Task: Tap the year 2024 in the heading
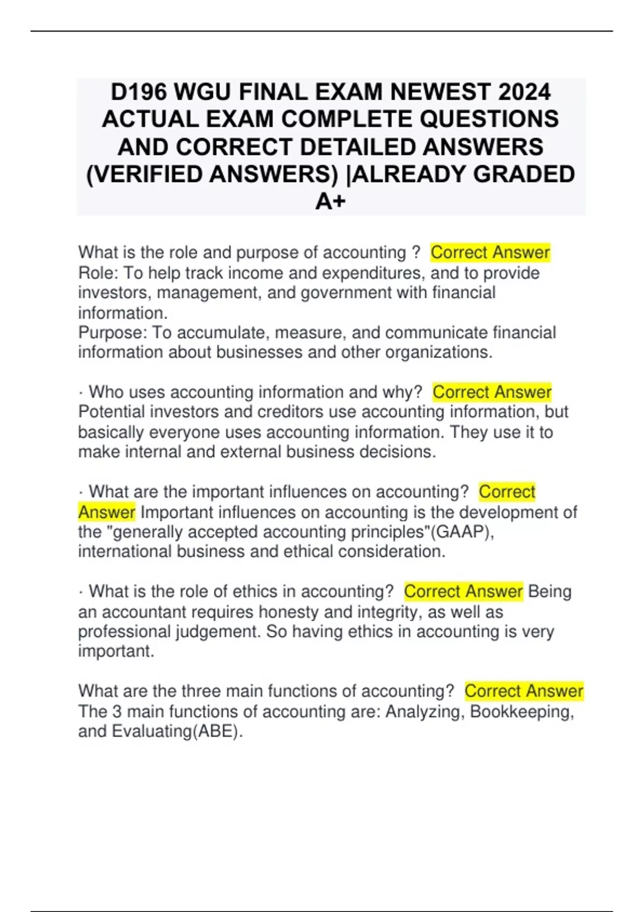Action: click(524, 92)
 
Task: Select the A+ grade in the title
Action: click(331, 202)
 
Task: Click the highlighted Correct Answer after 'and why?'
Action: click(492, 392)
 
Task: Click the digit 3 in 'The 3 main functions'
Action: click(117, 711)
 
